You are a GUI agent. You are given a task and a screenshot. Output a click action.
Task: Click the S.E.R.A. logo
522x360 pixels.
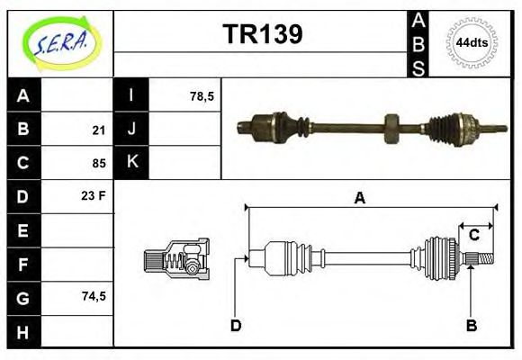60,42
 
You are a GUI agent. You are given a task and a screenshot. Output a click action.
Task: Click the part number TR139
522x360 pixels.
262,34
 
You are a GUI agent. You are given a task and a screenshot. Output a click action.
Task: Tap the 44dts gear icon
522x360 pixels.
470,42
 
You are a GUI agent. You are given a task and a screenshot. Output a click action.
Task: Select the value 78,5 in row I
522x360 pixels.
202,95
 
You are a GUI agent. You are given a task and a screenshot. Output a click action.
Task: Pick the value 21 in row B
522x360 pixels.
99,130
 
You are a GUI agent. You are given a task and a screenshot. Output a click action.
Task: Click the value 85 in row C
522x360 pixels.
99,164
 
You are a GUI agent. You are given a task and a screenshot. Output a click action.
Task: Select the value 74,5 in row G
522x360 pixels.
94,296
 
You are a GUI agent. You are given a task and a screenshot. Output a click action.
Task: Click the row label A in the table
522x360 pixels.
23,95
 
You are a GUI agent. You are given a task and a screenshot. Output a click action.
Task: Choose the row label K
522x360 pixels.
131,163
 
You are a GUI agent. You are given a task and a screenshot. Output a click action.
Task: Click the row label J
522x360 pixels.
131,130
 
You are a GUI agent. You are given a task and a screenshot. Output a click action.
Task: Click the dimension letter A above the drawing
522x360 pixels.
359,199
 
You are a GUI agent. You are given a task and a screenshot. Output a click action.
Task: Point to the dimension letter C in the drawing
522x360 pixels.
473,236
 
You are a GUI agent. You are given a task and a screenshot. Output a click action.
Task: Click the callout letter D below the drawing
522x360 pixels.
236,325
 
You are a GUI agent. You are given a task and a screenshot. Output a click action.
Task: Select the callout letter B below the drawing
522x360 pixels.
470,325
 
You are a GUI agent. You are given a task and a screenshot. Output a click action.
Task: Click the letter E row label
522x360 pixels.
23,230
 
